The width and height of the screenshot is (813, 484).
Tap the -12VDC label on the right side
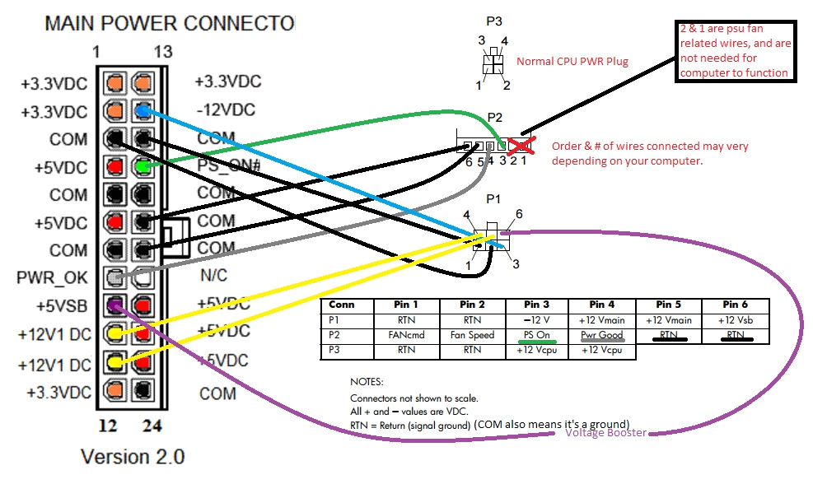click(x=225, y=109)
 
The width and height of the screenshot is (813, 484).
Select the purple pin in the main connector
click(x=115, y=306)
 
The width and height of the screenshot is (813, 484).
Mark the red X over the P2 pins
click(x=519, y=146)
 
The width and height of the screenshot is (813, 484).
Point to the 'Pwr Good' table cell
click(x=600, y=336)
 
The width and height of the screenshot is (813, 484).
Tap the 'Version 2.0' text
click(x=132, y=455)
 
